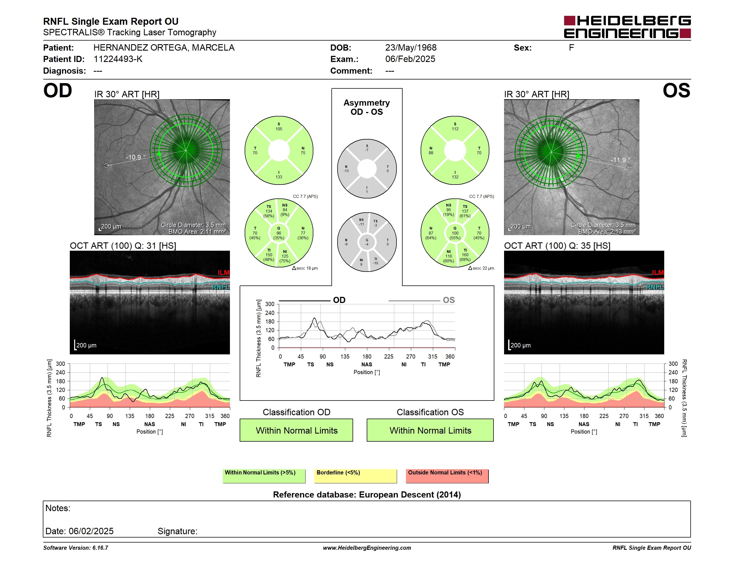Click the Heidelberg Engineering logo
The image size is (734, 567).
pyautogui.click(x=627, y=27)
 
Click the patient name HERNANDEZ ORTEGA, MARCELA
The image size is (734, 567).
pyautogui.click(x=164, y=48)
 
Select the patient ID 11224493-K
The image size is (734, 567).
pyautogui.click(x=118, y=59)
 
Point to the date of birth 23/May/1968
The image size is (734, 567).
pyautogui.click(x=411, y=48)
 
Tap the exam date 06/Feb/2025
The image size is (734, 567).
pyautogui.click(x=410, y=59)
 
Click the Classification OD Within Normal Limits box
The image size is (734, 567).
pyautogui.click(x=296, y=430)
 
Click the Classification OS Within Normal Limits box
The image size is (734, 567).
pyautogui.click(x=430, y=430)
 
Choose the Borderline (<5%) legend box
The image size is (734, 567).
pyautogui.click(x=356, y=476)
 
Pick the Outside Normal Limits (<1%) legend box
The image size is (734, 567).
pyautogui.click(x=447, y=476)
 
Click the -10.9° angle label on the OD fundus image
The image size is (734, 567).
pyautogui.click(x=136, y=157)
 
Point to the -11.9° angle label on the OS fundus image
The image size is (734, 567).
pyautogui.click(x=620, y=160)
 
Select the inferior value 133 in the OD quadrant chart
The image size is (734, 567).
pyautogui.click(x=279, y=177)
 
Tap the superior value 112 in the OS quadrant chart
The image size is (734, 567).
pyautogui.click(x=455, y=129)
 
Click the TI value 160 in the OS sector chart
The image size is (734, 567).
pyautogui.click(x=465, y=255)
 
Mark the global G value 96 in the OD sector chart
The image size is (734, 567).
pyautogui.click(x=279, y=233)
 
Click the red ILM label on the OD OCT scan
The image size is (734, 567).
pyautogui.click(x=224, y=272)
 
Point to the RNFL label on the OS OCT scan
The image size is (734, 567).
pyautogui.click(x=655, y=287)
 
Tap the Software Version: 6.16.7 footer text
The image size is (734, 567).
pyautogui.click(x=76, y=548)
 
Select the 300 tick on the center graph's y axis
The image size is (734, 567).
pyautogui.click(x=270, y=304)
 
